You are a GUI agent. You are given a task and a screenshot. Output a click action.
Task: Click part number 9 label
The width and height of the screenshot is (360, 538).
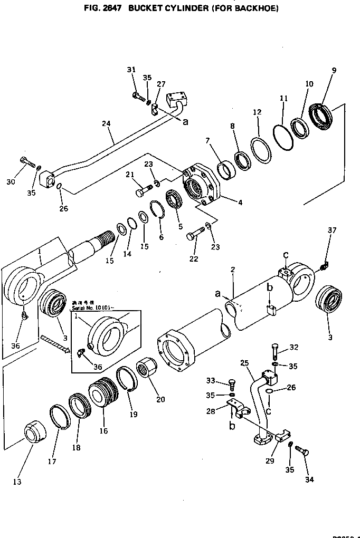[x=334, y=71]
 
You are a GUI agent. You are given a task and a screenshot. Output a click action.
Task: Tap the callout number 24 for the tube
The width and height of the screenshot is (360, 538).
[x=107, y=124]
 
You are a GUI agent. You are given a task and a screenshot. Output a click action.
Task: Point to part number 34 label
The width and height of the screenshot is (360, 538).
[x=309, y=479]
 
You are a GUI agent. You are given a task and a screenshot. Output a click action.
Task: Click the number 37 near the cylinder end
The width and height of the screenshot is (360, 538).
[x=331, y=230]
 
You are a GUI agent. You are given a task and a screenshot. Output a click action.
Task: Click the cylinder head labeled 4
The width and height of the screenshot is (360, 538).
[x=203, y=185]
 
